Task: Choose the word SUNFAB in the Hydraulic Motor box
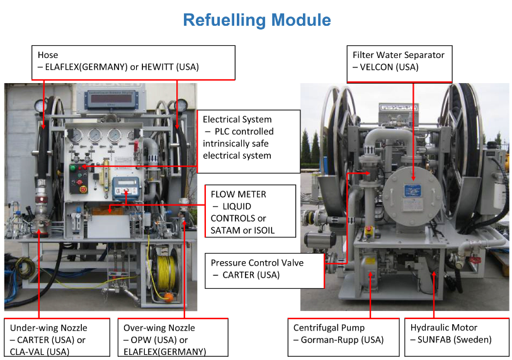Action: (438, 340)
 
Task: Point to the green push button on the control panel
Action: (72, 168)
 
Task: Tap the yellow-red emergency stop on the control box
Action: (81, 187)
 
